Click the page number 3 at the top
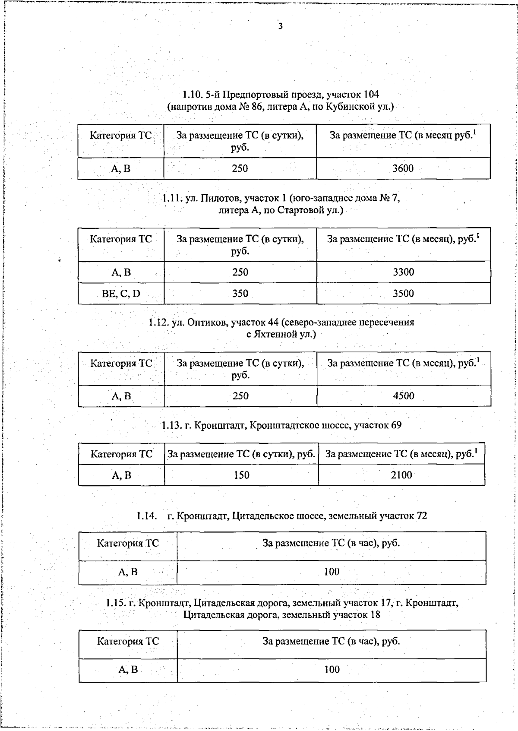pyautogui.click(x=281, y=26)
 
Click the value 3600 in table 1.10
pyautogui.click(x=403, y=168)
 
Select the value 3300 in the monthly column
pyautogui.click(x=403, y=272)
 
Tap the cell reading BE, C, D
pyautogui.click(x=121, y=294)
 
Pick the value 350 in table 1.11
pyautogui.click(x=240, y=294)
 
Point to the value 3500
pyautogui.click(x=403, y=294)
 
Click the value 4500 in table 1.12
pyautogui.click(x=403, y=396)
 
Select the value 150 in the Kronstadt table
pyautogui.click(x=241, y=475)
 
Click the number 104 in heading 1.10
pyautogui.click(x=371, y=94)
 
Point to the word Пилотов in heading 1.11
pyautogui.click(x=220, y=198)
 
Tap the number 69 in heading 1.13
pyautogui.click(x=396, y=425)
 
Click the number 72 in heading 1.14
pyautogui.click(x=421, y=516)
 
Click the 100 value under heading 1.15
pyautogui.click(x=332, y=670)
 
